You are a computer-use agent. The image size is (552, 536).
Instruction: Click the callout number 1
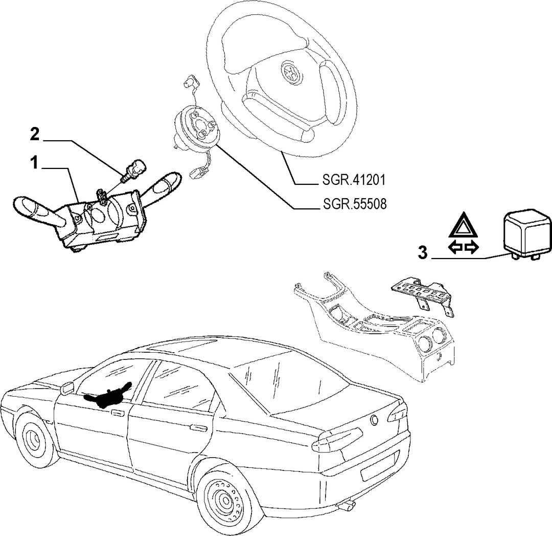coord(34,164)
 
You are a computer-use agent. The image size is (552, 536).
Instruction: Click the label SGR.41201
coord(354,180)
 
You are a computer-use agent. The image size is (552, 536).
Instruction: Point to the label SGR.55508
coord(355,204)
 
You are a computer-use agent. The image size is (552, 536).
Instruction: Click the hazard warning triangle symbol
coord(463,226)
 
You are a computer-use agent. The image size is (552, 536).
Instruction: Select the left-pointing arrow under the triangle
coord(455,248)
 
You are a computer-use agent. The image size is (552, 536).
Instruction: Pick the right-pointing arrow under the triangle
coord(471,248)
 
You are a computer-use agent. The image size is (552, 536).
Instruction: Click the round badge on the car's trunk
coord(375,420)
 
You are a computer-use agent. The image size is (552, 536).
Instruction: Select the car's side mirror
coord(66,388)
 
